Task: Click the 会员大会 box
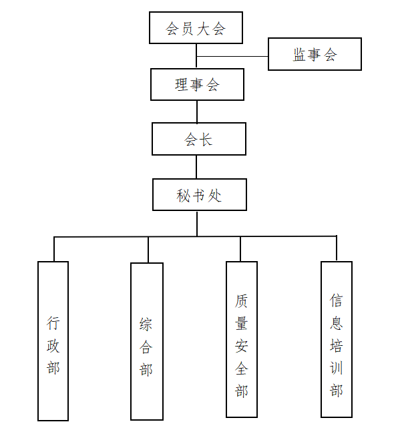pos(196,28)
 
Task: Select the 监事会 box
pos(315,54)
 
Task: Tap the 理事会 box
pos(197,85)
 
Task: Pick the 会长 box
pos(199,139)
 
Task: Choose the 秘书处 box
pos(200,194)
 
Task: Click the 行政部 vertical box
pos(53,341)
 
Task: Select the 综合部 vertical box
pos(147,341)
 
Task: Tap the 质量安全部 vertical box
pos(242,339)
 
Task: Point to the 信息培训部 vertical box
pos(337,339)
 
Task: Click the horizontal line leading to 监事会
pos(232,57)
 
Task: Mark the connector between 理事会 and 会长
pos(197,112)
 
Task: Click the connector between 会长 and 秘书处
pos(196,167)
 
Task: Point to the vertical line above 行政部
pos(54,249)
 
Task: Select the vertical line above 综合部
pos(148,250)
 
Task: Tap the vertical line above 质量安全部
pos(240,249)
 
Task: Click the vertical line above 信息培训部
pos(337,248)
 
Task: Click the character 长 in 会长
pos(206,140)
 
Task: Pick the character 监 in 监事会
pos(299,55)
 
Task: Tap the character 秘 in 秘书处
pos(183,196)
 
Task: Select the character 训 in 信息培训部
pos(337,368)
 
